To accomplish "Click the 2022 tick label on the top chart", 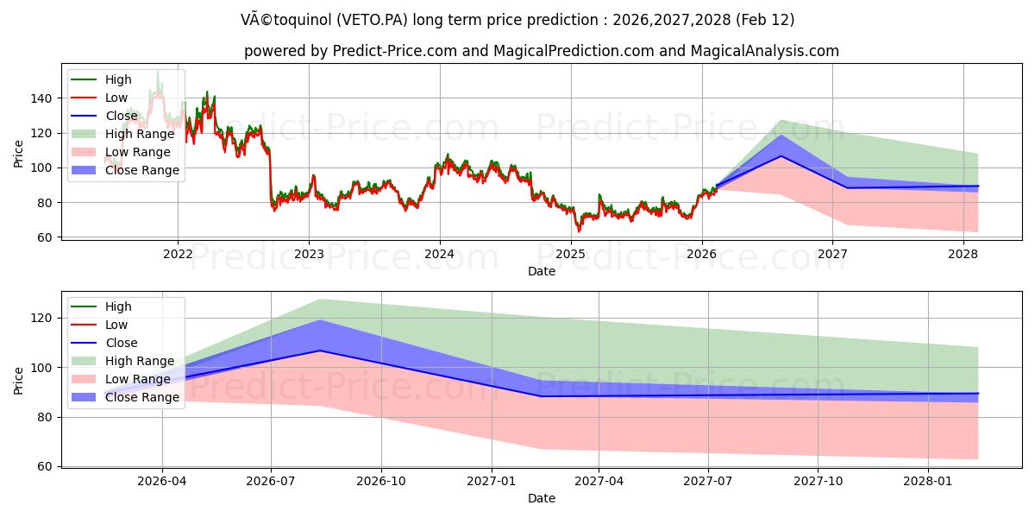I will pos(178,254).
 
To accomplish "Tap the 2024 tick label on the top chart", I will pos(439,254).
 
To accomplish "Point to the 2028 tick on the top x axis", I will pos(963,254).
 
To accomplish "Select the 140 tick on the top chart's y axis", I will pos(41,98).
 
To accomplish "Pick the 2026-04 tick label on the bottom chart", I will pos(162,481).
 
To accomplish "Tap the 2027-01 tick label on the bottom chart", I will pos(492,481).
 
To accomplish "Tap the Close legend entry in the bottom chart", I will pos(122,343).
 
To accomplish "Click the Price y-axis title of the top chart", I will pos(19,153).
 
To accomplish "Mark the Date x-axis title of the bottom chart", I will pos(542,498).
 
